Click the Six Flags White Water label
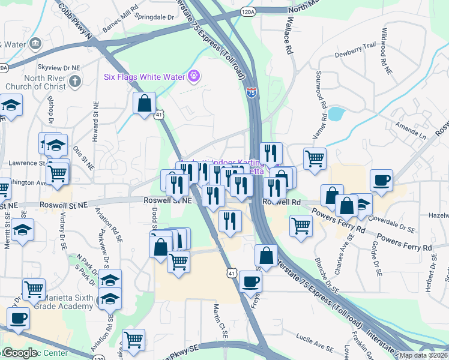pos(144,76)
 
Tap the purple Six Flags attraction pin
pos(194,76)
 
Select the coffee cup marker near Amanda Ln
pos(381,180)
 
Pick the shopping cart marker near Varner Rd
pos(315,159)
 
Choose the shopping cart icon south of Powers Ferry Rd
pos(301,226)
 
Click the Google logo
pos(19,353)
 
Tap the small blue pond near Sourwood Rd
pos(336,113)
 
